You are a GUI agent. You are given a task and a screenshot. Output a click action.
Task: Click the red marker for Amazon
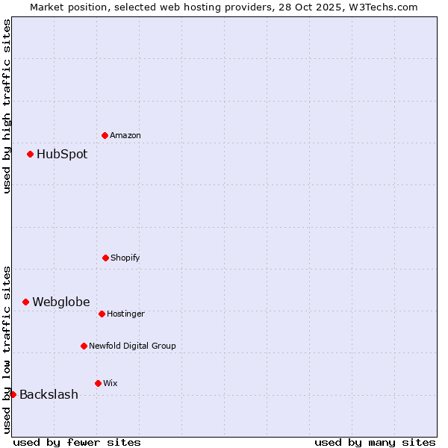[105, 135]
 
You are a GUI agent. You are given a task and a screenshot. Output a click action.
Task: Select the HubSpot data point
[31, 155]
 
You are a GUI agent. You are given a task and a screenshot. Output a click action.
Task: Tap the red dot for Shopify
[105, 258]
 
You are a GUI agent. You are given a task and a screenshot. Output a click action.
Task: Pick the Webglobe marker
[26, 302]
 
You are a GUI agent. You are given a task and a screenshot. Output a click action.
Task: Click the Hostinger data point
[102, 314]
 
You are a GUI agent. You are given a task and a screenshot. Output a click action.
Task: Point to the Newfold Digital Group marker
[84, 346]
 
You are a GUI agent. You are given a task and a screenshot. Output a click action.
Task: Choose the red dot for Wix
[98, 383]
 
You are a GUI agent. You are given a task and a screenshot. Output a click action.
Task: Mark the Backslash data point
[13, 394]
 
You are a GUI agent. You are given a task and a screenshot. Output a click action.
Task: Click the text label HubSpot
[62, 155]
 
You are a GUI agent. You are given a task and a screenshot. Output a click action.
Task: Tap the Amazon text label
[125, 135]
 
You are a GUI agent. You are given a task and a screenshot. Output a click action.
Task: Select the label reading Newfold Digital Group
[132, 346]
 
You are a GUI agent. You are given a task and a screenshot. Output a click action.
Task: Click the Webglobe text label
[60, 302]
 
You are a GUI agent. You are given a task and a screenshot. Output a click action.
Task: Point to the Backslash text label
[49, 395]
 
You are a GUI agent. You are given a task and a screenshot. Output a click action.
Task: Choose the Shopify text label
[125, 258]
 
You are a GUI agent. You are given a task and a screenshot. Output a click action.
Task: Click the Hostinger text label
[125, 314]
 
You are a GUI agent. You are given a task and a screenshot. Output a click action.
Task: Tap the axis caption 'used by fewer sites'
[77, 442]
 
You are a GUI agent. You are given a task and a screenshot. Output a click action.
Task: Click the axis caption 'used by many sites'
[375, 442]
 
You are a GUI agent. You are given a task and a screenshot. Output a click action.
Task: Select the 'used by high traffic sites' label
[7, 106]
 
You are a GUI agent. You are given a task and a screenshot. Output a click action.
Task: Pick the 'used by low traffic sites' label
[7, 349]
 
